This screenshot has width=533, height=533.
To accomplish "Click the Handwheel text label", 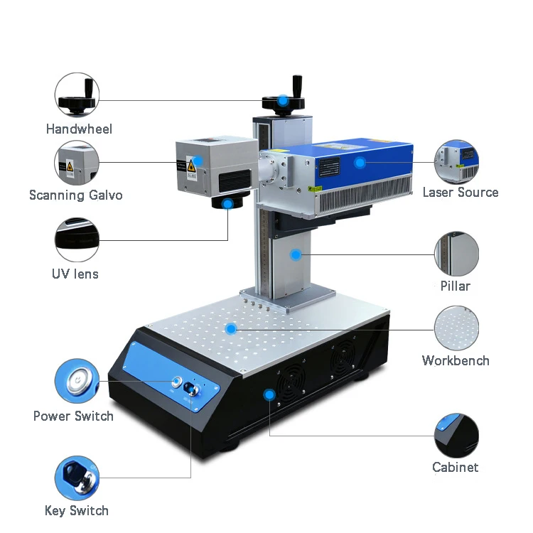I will (x=79, y=129).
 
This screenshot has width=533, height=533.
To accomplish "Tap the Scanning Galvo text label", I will (x=75, y=195).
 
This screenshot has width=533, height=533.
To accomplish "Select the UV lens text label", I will (x=75, y=274).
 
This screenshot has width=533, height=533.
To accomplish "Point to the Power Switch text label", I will (x=73, y=416).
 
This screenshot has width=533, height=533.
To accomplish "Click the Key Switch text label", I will (x=77, y=510).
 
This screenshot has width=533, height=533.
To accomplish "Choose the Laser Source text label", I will (x=461, y=192).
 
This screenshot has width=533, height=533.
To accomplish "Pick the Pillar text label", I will (x=456, y=286).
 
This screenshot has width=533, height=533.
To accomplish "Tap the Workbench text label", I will (x=456, y=360).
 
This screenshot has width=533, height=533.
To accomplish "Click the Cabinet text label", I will (x=456, y=467).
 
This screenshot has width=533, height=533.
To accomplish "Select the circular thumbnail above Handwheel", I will (x=77, y=95).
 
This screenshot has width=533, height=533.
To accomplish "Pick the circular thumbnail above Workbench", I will (x=456, y=328).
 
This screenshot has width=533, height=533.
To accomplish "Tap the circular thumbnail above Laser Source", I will (x=456, y=162).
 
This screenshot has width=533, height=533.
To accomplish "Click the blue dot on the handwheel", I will (x=283, y=100).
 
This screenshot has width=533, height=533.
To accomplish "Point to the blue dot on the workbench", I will (x=230, y=328).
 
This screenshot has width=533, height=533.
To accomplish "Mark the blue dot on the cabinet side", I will (x=269, y=394).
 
